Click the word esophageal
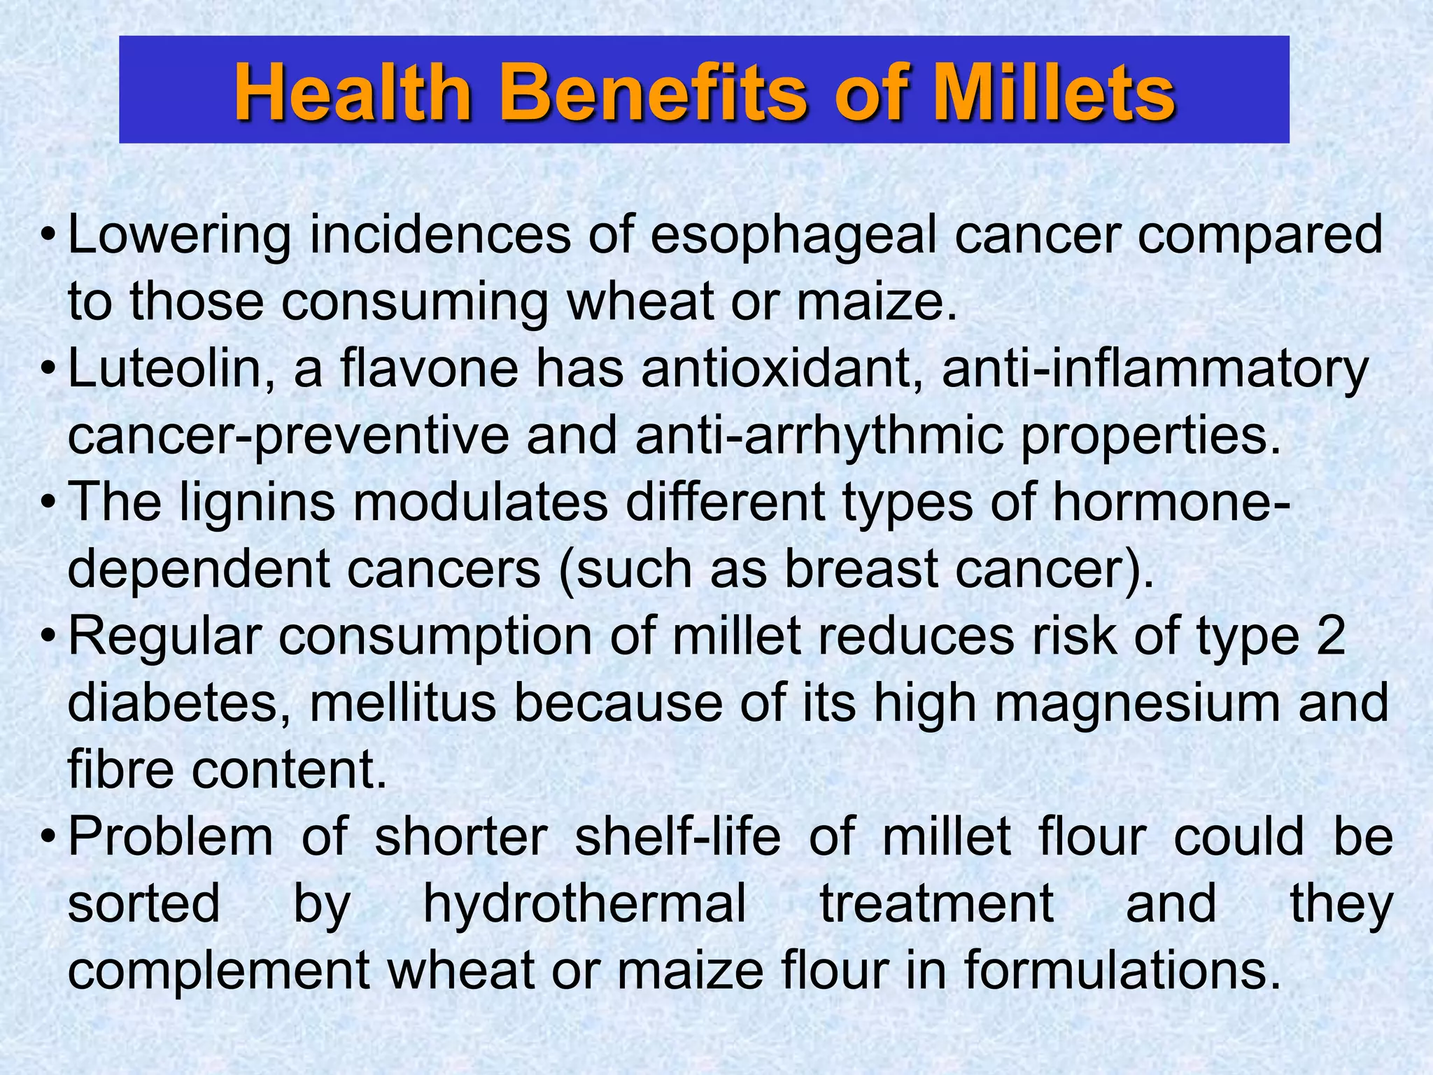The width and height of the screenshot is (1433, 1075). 793,237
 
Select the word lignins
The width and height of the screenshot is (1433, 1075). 257,503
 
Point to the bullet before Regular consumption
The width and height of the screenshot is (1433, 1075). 47,635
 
